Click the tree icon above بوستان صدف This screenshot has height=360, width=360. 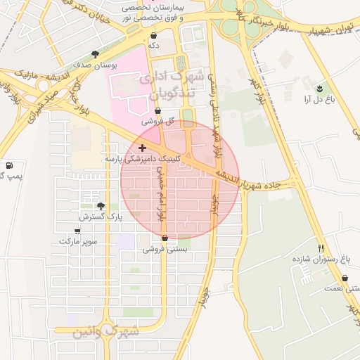tap(96, 53)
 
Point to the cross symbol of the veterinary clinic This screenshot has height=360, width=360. tap(143, 148)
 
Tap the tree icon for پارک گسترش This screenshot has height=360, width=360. tap(101, 206)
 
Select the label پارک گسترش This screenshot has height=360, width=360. tap(101, 217)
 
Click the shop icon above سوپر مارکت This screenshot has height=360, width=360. tap(77, 231)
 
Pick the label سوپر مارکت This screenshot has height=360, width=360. tap(78, 241)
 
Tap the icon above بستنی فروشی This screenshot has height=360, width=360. tap(165, 238)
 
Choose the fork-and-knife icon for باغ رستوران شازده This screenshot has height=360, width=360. tap(321, 248)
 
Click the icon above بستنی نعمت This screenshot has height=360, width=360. tap(346, 278)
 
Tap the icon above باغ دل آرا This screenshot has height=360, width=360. tap(319, 89)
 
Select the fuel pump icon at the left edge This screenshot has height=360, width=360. tap(8, 165)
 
